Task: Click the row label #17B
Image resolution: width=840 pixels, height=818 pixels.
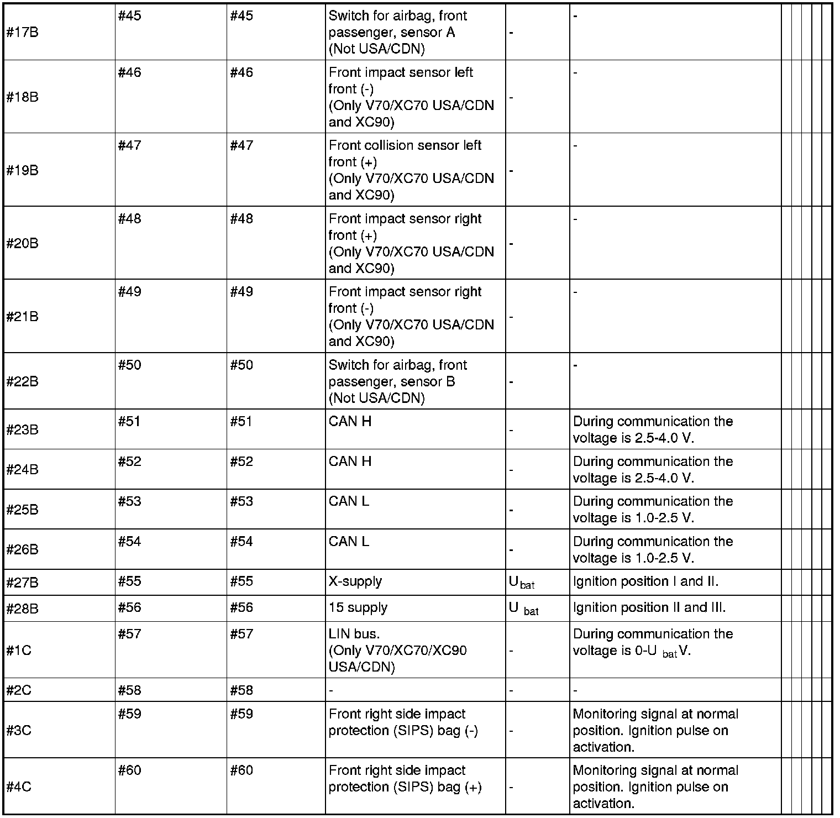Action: tap(22, 33)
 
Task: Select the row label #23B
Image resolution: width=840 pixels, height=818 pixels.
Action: tap(22, 430)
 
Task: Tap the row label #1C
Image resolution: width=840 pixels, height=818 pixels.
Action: tap(19, 651)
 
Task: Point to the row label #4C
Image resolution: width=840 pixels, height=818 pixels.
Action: tap(19, 787)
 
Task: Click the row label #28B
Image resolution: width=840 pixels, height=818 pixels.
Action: tap(22, 609)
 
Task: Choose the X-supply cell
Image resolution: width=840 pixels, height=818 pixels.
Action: tap(355, 582)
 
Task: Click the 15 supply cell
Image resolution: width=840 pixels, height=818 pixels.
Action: tap(358, 608)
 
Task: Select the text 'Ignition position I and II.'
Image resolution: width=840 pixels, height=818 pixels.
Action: tap(645, 582)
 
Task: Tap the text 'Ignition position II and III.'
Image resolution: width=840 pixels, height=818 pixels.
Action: tap(649, 608)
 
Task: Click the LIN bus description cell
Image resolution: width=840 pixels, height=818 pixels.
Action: tap(398, 651)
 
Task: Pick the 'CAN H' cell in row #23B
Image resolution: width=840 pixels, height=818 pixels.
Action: tap(350, 422)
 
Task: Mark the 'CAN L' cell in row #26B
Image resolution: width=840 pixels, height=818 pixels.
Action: tap(349, 542)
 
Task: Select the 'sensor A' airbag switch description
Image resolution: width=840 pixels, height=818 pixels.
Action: tap(398, 33)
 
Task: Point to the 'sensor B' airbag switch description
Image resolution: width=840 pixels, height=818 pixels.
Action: tap(398, 382)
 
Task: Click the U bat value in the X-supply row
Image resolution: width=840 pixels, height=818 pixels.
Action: tap(521, 583)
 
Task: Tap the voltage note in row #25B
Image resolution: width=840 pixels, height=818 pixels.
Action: tap(653, 510)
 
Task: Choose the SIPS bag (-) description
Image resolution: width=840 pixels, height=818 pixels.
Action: tap(403, 722)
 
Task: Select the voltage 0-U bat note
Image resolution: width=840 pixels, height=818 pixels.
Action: tap(653, 643)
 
